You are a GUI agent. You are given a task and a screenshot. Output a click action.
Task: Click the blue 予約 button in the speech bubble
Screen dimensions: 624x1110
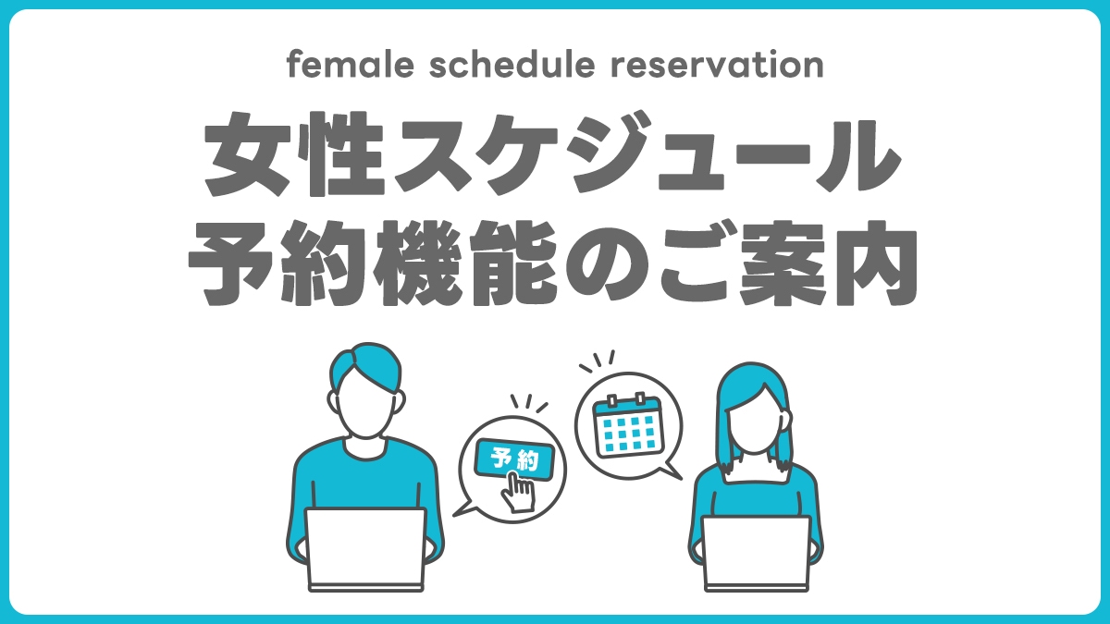(514, 459)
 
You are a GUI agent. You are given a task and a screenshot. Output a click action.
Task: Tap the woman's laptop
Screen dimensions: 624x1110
(756, 552)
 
